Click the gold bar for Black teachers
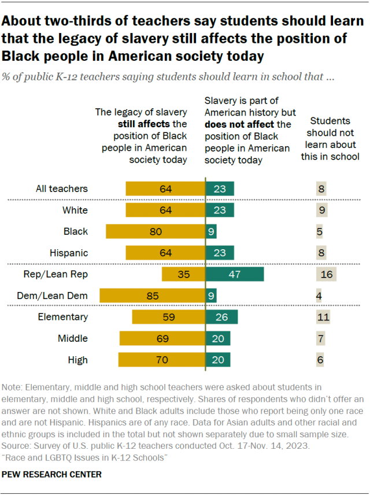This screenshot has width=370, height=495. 156,231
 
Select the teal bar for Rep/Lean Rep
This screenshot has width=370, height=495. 235,274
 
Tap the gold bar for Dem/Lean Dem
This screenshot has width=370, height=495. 153,295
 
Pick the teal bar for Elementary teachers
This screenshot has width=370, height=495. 221,317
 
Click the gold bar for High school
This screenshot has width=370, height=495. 162,360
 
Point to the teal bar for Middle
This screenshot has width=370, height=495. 218,338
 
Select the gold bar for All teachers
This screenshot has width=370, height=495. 165,189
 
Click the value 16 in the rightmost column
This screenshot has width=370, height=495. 327,274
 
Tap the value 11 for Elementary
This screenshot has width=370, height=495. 323,317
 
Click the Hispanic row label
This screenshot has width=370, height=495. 68,253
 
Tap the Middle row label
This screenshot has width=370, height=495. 73,338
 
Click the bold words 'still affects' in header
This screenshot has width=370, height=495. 144,124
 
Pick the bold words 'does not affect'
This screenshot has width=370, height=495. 239,124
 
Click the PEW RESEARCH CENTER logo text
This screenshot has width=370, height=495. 52,474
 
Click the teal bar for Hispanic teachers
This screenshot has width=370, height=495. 220,253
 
